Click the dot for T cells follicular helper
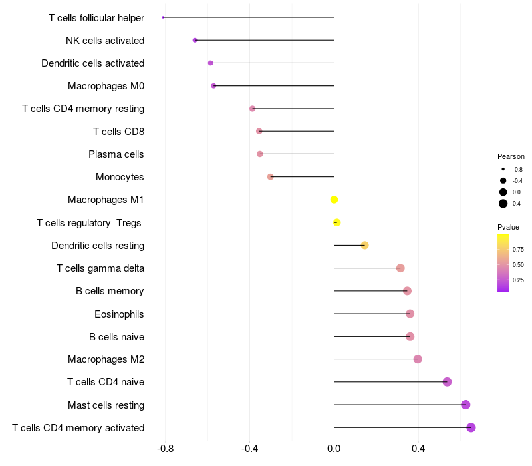pyautogui.click(x=164, y=17)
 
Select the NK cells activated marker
pyautogui.click(x=195, y=40)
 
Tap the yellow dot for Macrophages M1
pyautogui.click(x=334, y=200)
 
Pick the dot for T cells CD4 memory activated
pyautogui.click(x=471, y=427)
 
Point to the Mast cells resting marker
pyautogui.click(x=465, y=405)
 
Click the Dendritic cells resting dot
pyautogui.click(x=364, y=246)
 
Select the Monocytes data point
pyautogui.click(x=271, y=177)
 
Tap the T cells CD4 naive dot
pyautogui.click(x=447, y=382)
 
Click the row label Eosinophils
pyautogui.click(x=119, y=314)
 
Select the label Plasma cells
pyautogui.click(x=116, y=154)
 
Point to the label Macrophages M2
pyautogui.click(x=106, y=359)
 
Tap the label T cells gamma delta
pyautogui.click(x=100, y=268)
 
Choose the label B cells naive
pyautogui.click(x=116, y=337)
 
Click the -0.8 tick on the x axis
pyautogui.click(x=165, y=449)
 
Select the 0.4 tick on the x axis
pyautogui.click(x=418, y=449)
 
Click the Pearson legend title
pyautogui.click(x=511, y=156)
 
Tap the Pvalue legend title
pyautogui.click(x=508, y=227)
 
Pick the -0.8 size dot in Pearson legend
pyautogui.click(x=503, y=170)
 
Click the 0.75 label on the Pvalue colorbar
pyautogui.click(x=518, y=250)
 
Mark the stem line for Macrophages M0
pyautogui.click(x=273, y=86)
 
